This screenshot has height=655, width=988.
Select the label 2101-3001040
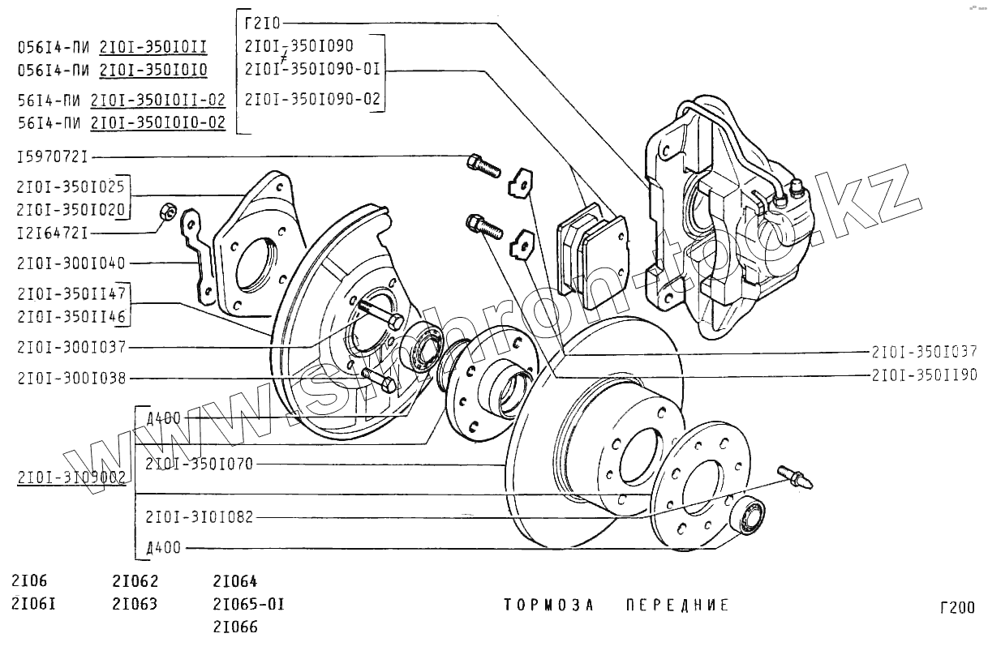point(71,263)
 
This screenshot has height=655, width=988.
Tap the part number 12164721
point(52,233)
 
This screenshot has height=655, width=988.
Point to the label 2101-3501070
point(200,464)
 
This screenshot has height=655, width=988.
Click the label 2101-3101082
point(200,516)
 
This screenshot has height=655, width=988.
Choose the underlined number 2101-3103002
point(71,478)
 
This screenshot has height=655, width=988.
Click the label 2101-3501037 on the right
point(925,352)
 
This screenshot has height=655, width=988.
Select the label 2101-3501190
point(925,375)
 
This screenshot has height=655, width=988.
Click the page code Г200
point(957,608)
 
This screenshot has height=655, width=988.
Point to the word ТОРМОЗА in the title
point(549,606)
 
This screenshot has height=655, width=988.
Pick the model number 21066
point(235,627)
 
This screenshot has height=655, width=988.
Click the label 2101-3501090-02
point(312,99)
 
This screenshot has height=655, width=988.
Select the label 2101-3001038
point(71,379)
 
